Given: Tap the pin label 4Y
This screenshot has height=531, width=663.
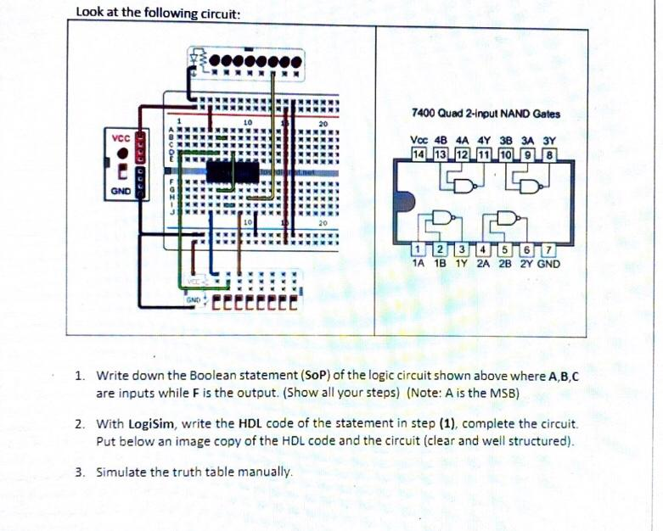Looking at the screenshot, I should click(483, 142).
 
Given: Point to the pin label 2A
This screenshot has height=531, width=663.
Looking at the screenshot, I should click(482, 263).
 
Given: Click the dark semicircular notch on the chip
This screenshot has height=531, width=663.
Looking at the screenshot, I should click(404, 202).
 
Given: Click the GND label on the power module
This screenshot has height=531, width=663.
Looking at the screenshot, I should click(121, 192).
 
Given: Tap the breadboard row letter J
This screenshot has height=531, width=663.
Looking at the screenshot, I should click(171, 215).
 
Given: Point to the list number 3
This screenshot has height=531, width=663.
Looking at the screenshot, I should click(79, 471).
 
